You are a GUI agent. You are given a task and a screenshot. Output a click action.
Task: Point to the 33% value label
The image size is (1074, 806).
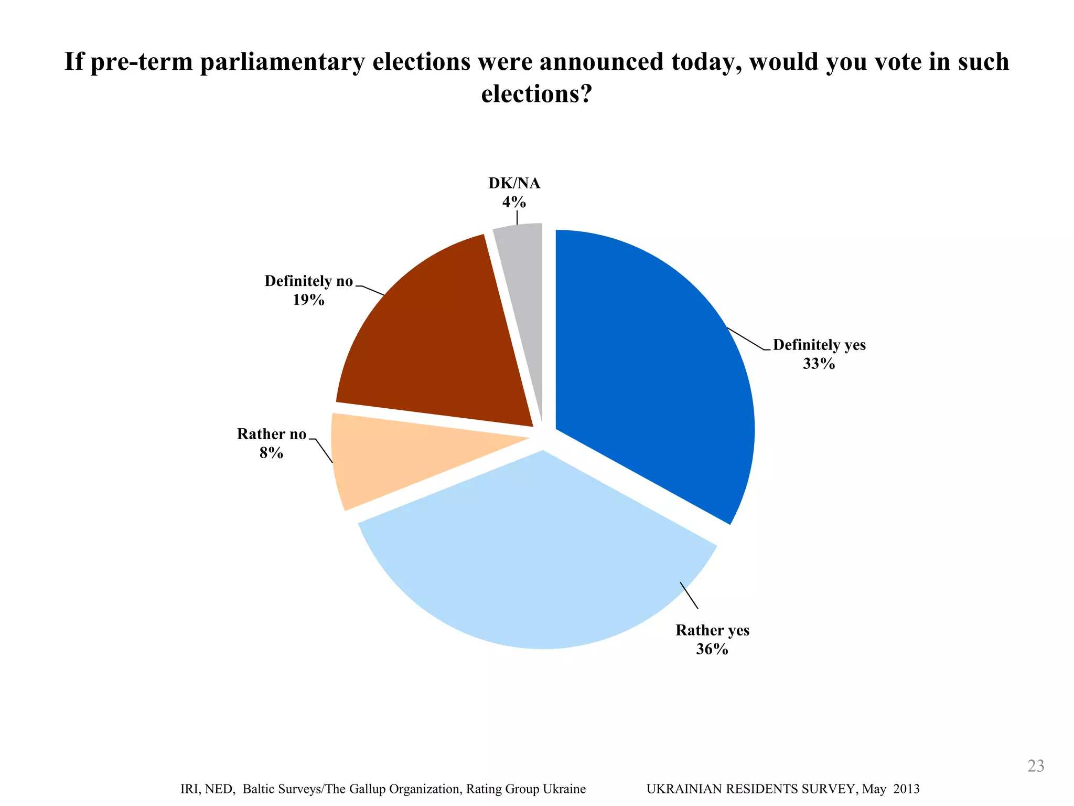tap(819, 364)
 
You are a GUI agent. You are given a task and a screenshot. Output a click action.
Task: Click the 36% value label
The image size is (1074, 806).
tap(712, 649)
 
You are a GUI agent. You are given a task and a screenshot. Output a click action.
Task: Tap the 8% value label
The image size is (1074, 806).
tap(271, 452)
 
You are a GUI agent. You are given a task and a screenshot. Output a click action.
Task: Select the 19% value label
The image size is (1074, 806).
tap(308, 300)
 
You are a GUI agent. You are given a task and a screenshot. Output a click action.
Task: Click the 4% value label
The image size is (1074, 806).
tap(514, 201)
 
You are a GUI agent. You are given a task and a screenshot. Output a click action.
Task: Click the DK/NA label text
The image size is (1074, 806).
tap(514, 183)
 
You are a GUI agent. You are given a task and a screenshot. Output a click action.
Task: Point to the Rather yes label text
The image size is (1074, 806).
tap(712, 630)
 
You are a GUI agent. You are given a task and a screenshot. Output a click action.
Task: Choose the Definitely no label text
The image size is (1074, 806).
tap(308, 281)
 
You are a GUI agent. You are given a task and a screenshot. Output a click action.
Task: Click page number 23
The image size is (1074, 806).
tap(1036, 766)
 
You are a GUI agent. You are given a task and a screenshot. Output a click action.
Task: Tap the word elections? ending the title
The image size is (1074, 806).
tap(536, 94)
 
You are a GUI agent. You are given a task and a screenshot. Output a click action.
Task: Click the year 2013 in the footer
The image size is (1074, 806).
tap(906, 789)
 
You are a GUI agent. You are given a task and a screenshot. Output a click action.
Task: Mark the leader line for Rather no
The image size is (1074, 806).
tap(324, 451)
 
